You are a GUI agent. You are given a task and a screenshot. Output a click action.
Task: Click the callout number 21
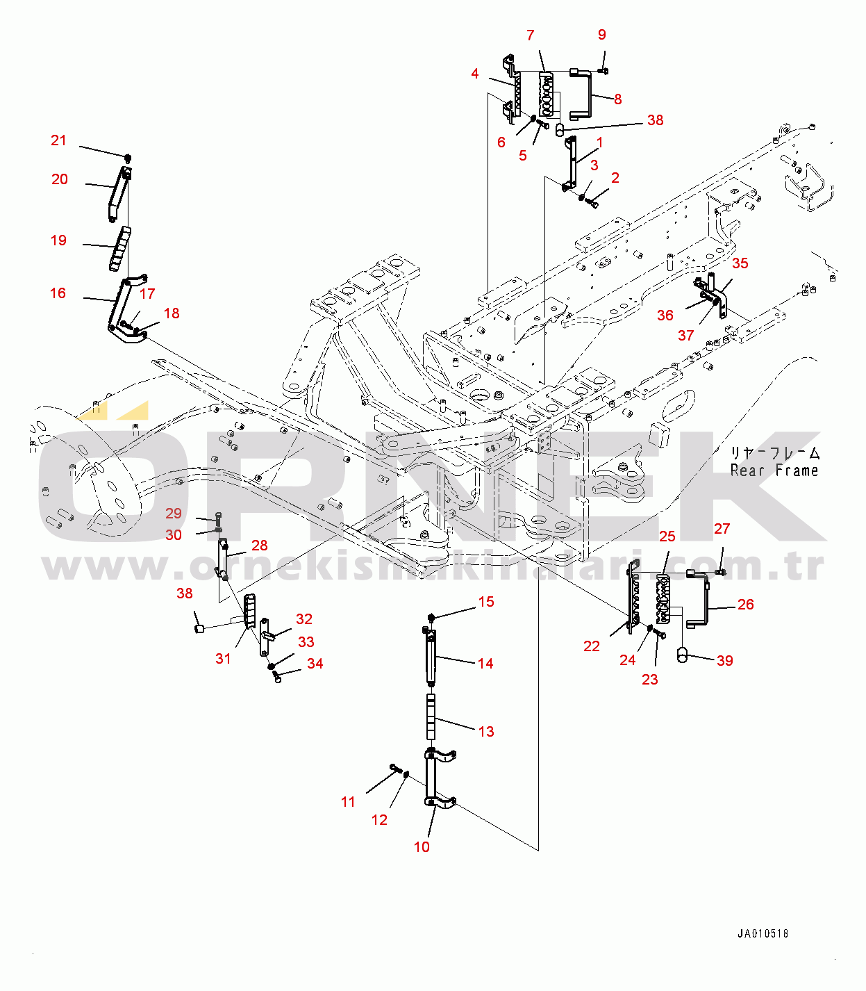[x=58, y=140]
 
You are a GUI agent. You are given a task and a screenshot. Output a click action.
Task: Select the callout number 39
[x=724, y=660]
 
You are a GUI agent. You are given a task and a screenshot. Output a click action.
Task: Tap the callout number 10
[x=422, y=846]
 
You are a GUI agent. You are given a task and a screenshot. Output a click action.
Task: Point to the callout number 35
[x=740, y=263]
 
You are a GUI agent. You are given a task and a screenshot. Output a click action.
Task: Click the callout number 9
[x=601, y=35]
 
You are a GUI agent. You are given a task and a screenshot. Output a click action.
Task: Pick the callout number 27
[x=722, y=529]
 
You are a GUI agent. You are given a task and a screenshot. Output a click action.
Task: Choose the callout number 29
[x=174, y=513]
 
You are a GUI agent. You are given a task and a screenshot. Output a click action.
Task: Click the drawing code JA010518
[x=763, y=933]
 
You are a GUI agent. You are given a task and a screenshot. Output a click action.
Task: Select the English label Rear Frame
[x=774, y=470]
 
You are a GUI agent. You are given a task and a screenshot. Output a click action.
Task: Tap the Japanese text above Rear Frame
[x=774, y=453]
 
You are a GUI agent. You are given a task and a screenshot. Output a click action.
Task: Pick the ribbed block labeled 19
[x=119, y=248]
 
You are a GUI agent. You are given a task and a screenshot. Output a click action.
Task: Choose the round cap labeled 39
[x=682, y=653]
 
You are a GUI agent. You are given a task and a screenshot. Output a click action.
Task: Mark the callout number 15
[x=486, y=602]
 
